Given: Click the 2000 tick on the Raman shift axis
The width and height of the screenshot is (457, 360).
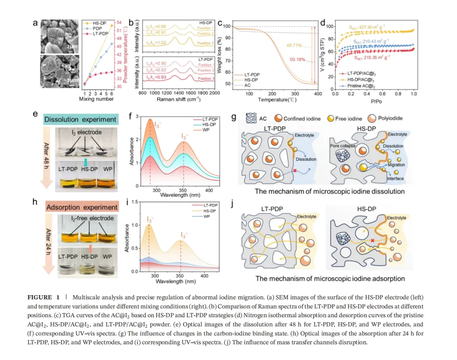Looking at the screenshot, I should (215, 93).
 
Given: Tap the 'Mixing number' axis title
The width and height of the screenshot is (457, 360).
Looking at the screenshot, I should (96, 99).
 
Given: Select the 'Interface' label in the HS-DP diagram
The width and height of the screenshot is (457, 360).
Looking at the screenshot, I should (395, 179).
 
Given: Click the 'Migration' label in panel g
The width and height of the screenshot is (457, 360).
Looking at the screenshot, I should (396, 165).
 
